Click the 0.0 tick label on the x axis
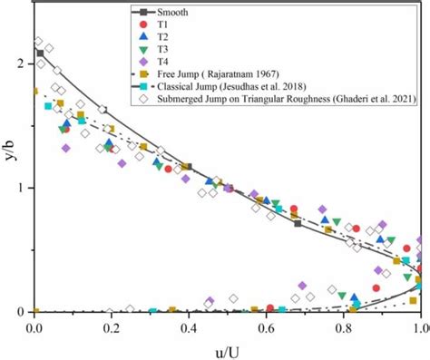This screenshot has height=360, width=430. tap(34, 326)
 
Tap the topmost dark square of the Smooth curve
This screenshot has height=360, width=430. tap(40, 54)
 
